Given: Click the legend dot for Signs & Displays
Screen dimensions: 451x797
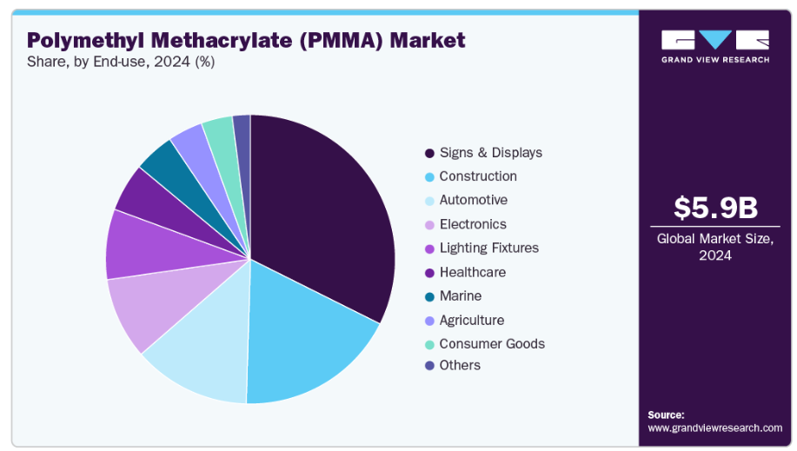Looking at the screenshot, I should [x=429, y=153].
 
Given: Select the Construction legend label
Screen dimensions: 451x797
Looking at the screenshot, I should [x=478, y=176].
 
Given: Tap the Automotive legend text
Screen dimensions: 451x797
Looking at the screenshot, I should [x=473, y=200].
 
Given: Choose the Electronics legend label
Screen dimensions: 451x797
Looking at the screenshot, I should [x=473, y=224].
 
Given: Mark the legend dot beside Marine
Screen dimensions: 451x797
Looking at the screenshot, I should [x=429, y=296].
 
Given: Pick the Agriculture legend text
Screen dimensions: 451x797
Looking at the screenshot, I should [x=471, y=320].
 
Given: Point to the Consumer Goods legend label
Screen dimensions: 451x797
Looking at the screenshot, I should [x=492, y=343].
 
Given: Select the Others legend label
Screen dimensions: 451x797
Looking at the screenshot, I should [x=460, y=365].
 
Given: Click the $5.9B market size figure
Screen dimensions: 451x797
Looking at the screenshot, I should [x=716, y=209].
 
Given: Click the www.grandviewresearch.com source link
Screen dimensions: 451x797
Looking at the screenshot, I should [x=714, y=428].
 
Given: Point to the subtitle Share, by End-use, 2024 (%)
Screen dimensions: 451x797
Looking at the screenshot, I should [x=121, y=62].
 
